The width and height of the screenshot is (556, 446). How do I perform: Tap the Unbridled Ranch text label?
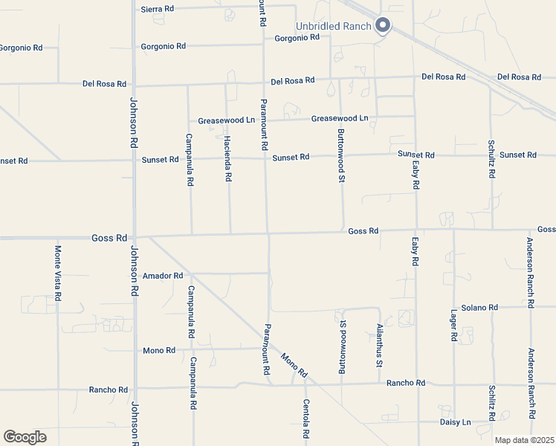point(334,26)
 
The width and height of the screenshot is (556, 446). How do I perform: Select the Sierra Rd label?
point(157,9)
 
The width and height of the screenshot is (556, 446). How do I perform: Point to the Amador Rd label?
point(163,276)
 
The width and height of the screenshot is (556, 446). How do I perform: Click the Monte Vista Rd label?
point(58,273)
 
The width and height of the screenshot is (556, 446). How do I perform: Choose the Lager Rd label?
point(453,326)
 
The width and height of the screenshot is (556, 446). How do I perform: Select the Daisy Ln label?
point(456,422)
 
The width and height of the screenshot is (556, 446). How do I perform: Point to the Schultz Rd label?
point(492,158)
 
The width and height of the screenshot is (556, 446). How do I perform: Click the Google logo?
point(25,437)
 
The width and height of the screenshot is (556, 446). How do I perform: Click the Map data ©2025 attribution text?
point(524,440)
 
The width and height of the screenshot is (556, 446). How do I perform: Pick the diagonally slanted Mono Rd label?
point(294,364)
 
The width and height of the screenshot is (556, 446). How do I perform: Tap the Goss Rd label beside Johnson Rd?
point(109,238)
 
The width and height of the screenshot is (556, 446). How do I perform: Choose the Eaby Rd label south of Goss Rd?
point(416,252)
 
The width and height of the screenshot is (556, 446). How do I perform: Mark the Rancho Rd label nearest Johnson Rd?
point(109,390)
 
